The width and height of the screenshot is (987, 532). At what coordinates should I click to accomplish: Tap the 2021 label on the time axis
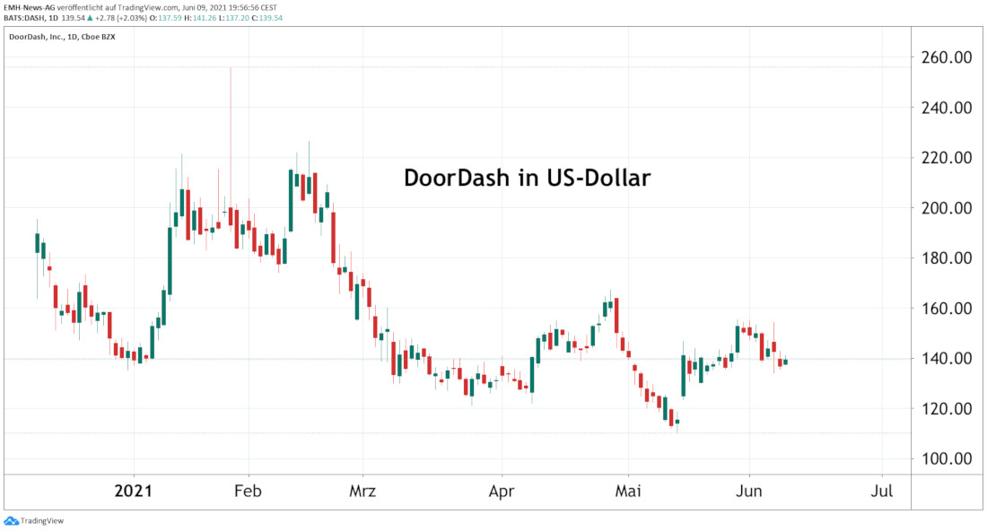[x=134, y=492]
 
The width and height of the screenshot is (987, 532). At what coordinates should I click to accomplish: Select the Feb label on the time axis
[x=248, y=492]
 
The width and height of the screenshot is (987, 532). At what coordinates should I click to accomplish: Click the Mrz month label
[x=362, y=492]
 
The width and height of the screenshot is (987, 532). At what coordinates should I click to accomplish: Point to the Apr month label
[x=502, y=492]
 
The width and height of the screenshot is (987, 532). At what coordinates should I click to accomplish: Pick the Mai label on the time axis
[x=629, y=492]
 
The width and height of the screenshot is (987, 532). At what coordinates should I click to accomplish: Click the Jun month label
[x=748, y=492]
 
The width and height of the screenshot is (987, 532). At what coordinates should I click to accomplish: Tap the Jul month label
[x=882, y=492]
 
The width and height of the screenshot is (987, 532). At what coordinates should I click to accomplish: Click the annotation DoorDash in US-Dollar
[x=527, y=178]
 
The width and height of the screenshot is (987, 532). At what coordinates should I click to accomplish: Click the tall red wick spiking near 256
[x=231, y=135]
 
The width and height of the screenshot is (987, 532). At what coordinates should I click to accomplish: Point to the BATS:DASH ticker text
[x=27, y=17]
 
